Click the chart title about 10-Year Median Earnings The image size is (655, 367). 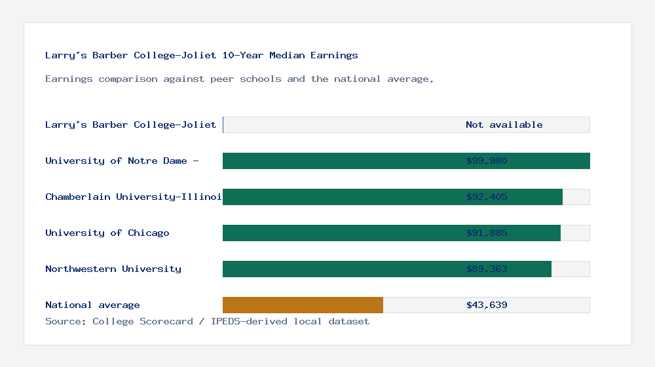point(202,56)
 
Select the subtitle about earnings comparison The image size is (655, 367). point(240,79)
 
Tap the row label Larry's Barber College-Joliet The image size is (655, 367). point(131,125)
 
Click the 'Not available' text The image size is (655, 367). point(504,125)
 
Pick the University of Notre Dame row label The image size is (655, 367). point(122,161)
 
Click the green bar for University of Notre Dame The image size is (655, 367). point(341,161)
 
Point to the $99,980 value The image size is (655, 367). point(487,161)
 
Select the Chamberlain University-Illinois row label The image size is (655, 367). point(134,197)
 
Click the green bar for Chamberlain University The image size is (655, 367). point(341,197)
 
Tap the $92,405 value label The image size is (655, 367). point(487,197)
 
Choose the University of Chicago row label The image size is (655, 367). point(107,233)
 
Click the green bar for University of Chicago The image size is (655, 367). point(341,233)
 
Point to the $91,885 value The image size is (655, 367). point(487,233)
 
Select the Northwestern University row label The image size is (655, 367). point(113,269)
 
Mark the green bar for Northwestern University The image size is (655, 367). point(341,269)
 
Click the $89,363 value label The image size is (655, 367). point(487,269)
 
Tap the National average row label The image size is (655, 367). point(92,305)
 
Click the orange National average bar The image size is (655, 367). point(303,305)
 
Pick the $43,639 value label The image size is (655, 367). point(487,305)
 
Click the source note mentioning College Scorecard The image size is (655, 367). point(207,321)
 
